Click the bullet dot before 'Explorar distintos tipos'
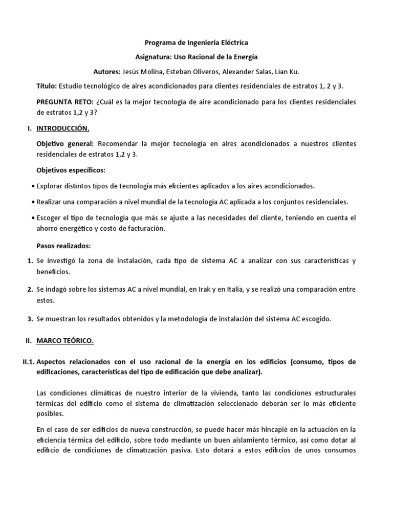[33, 186]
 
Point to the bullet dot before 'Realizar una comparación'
[33, 202]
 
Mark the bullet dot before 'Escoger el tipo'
[33, 218]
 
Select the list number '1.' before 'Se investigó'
[30, 261]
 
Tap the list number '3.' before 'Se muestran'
[30, 319]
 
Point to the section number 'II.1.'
[28, 362]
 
